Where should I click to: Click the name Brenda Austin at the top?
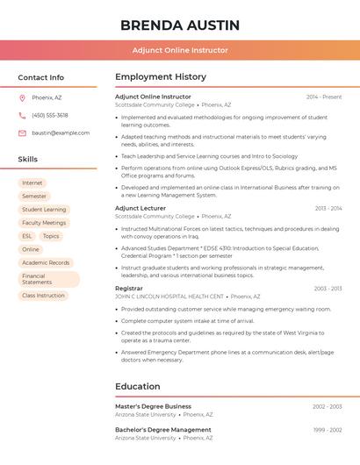click(180, 24)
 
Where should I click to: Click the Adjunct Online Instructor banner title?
click(180, 50)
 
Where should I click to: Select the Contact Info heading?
click(41, 77)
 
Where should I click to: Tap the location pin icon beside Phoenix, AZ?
click(22, 97)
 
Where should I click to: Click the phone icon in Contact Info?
click(22, 115)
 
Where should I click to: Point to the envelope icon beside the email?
click(22, 132)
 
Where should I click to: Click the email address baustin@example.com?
click(61, 132)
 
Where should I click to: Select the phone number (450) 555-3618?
click(50, 115)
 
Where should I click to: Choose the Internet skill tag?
click(32, 182)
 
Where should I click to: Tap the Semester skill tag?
click(34, 196)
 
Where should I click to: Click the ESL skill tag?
click(27, 236)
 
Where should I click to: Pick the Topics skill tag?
click(51, 236)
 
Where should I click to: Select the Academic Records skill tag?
click(46, 262)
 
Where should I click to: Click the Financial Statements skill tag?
click(37, 279)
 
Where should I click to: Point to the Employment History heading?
click(161, 77)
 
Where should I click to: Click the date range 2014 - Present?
click(324, 97)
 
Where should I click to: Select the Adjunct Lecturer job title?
click(140, 208)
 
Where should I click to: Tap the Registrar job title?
click(129, 288)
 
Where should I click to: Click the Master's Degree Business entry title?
click(153, 406)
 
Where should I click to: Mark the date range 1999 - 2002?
click(328, 430)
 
